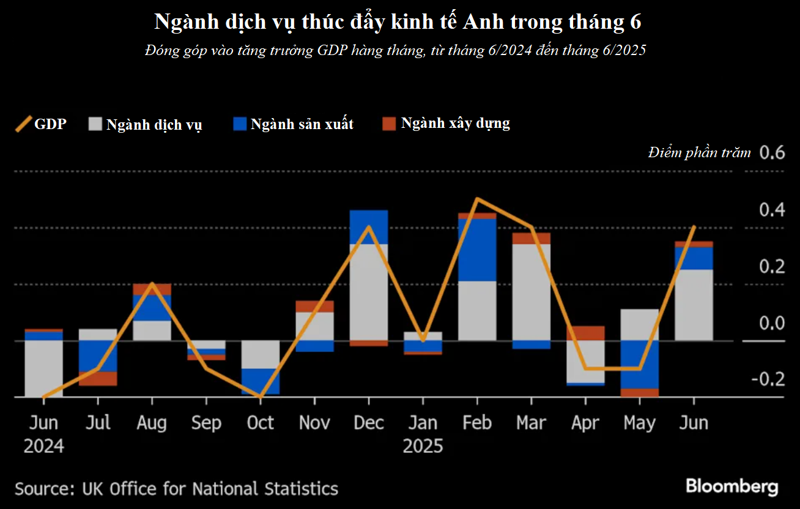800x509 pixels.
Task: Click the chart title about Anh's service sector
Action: tap(398, 22)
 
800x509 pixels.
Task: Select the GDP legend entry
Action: tap(41, 124)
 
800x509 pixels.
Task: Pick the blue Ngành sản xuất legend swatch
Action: tap(240, 124)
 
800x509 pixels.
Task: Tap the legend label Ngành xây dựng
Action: tap(455, 123)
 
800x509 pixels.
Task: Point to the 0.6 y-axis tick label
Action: tap(771, 152)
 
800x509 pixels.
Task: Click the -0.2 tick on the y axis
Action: tap(768, 379)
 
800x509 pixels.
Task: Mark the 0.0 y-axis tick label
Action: tap(771, 322)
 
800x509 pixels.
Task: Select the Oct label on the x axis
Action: tap(261, 423)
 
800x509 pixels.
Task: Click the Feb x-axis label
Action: tap(477, 423)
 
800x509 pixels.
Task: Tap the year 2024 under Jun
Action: tap(43, 446)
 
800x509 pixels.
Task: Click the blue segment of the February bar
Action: tap(477, 250)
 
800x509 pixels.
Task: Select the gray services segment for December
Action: tap(369, 292)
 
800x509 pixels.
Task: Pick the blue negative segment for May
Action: tap(639, 364)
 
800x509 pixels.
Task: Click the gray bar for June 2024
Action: tap(43, 368)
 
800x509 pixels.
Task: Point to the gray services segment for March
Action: tap(531, 292)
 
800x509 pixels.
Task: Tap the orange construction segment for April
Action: tap(585, 333)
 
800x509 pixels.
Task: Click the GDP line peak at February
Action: tap(477, 199)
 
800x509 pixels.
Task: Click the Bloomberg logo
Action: tap(731, 487)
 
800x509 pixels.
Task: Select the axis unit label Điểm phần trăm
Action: tap(699, 153)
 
